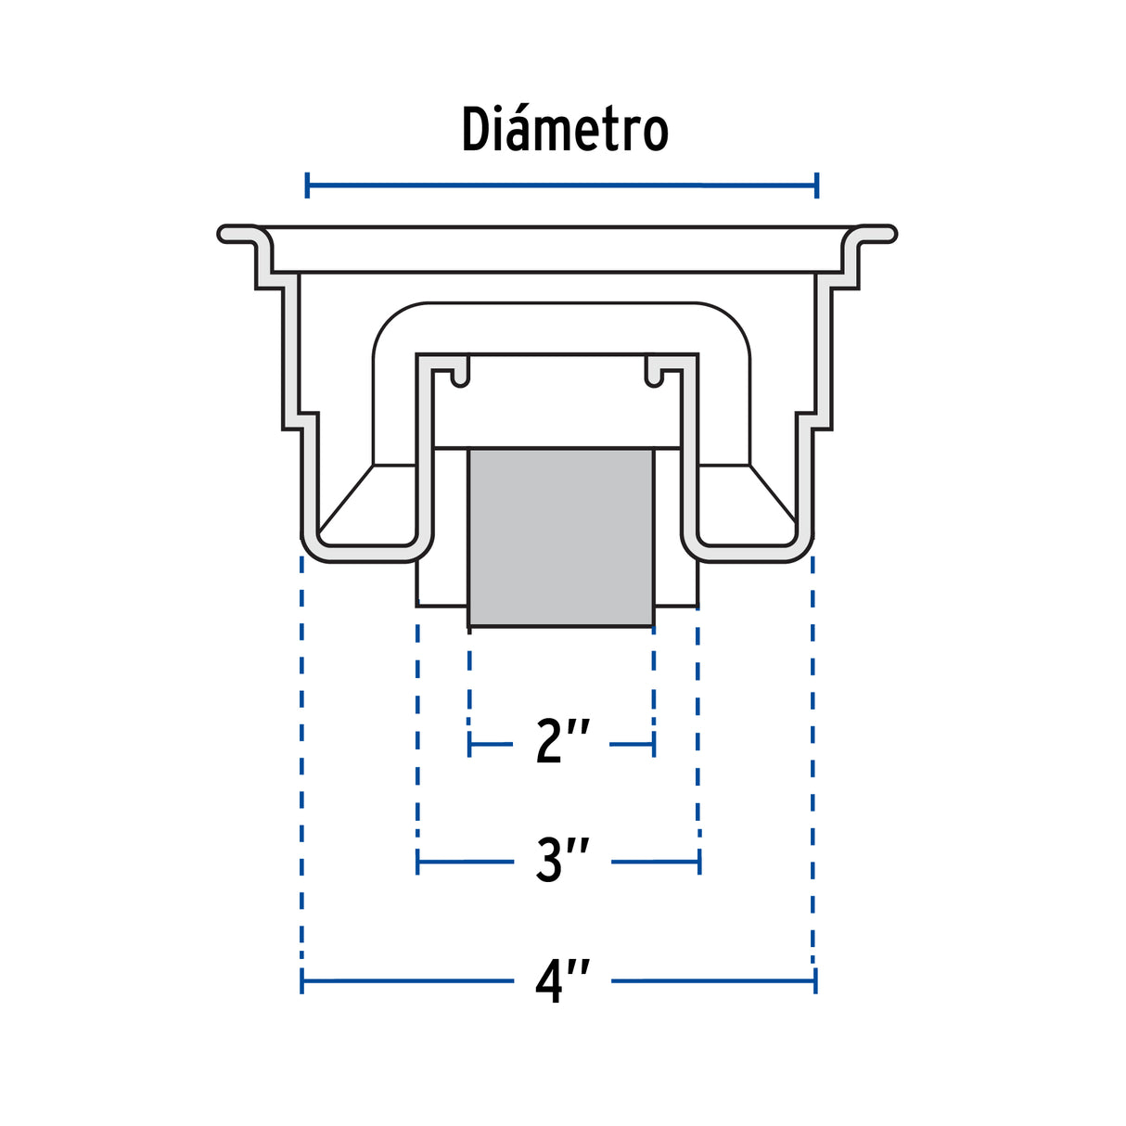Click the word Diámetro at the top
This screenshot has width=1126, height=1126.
coord(565,129)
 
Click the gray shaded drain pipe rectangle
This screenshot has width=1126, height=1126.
coord(561,538)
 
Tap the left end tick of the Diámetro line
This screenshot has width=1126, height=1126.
coord(307,186)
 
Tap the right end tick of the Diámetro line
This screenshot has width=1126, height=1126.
coord(817,186)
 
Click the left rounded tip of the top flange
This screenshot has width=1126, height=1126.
coord(222,234)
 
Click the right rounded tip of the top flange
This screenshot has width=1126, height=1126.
coord(891,234)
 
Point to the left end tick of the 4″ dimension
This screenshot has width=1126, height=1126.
coord(301,981)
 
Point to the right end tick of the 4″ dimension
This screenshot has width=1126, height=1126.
coord(815,981)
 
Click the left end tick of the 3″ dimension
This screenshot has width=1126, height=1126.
coord(417,862)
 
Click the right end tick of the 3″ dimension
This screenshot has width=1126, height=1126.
coord(699,862)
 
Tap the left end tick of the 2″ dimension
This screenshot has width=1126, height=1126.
coord(470,745)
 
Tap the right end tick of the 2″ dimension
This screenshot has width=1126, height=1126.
coord(654,745)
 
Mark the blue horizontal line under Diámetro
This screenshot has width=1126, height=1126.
coord(562,186)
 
